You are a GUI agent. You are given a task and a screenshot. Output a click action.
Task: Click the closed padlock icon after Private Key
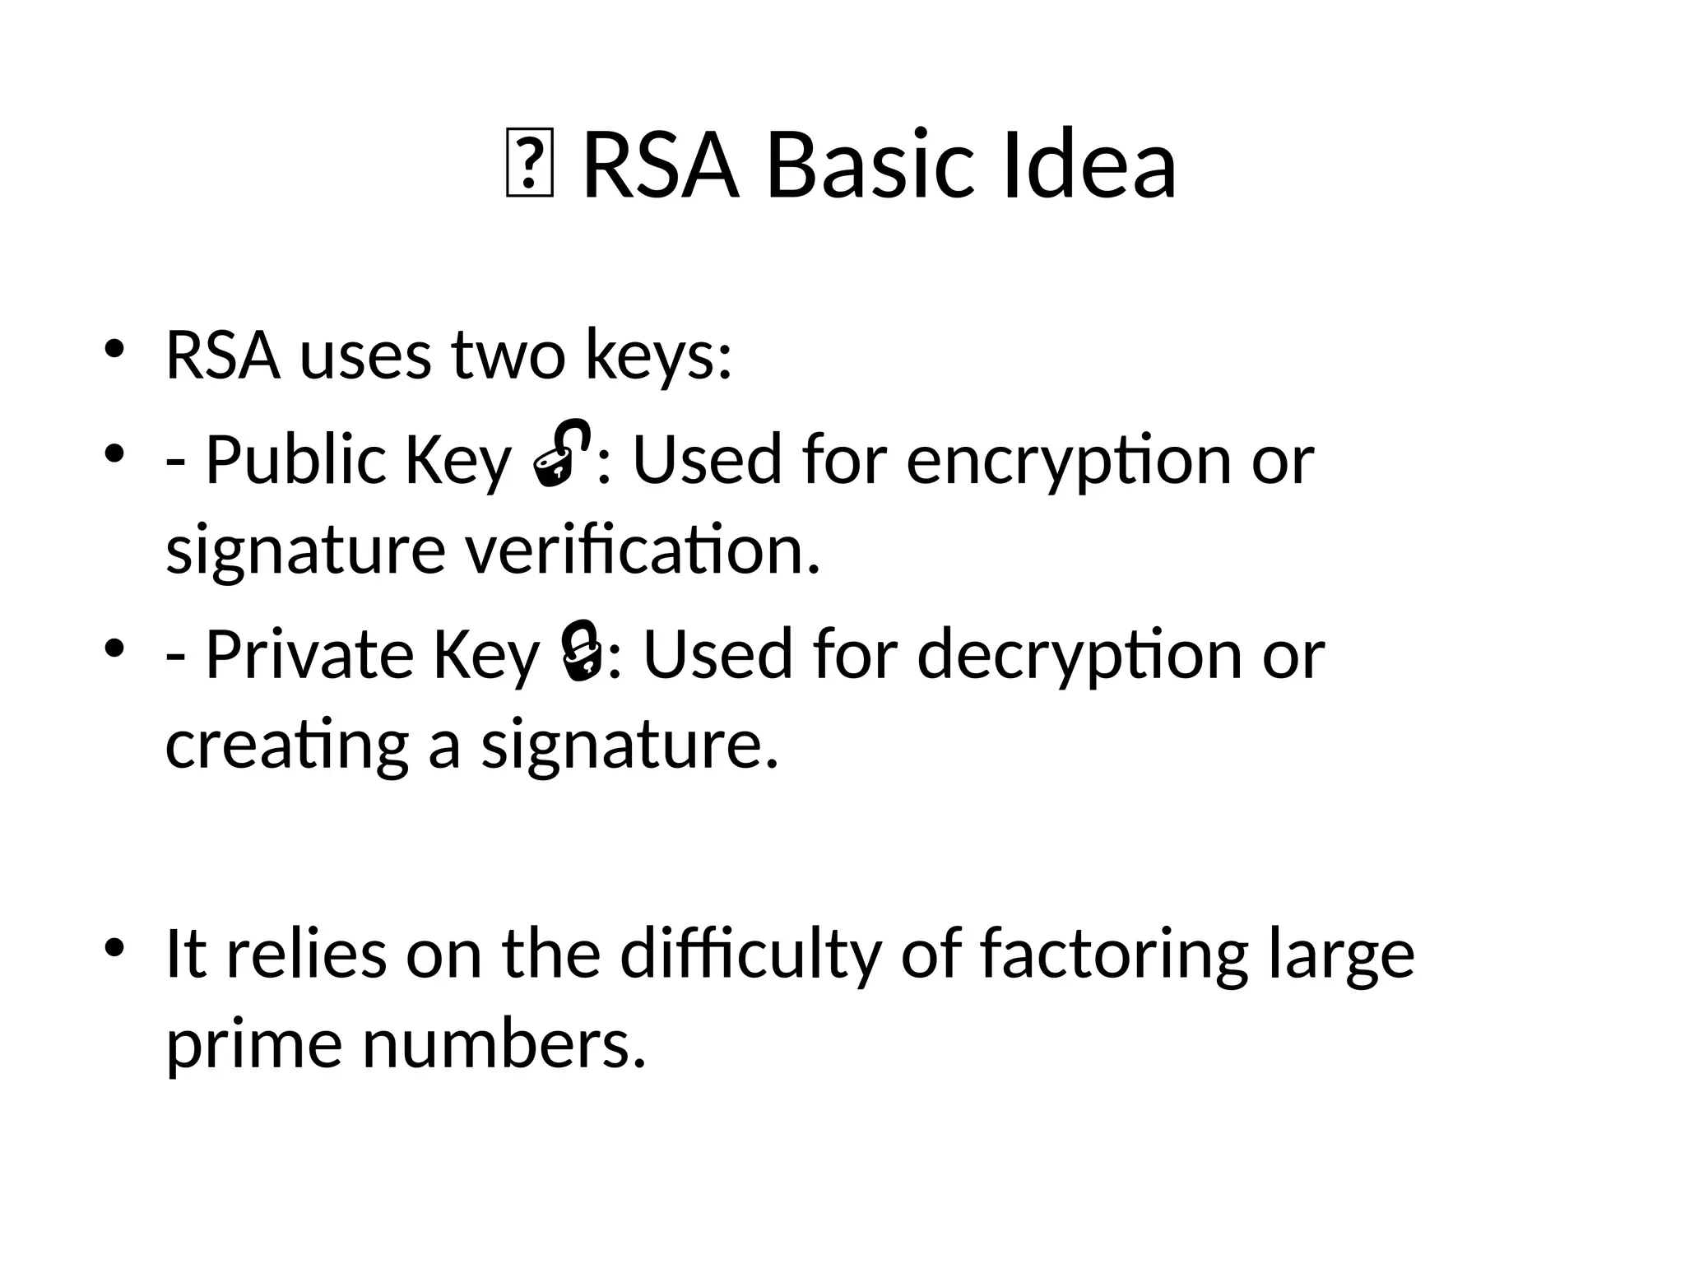point(582,652)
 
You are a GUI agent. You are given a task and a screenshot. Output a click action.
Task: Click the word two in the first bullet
point(508,356)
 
